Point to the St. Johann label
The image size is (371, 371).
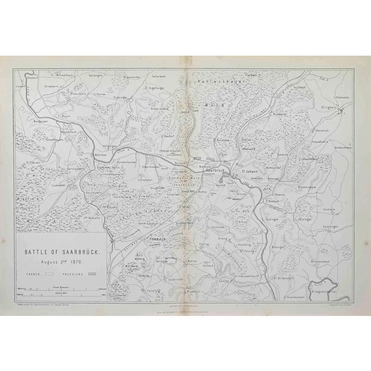pyautogui.click(x=250, y=170)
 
